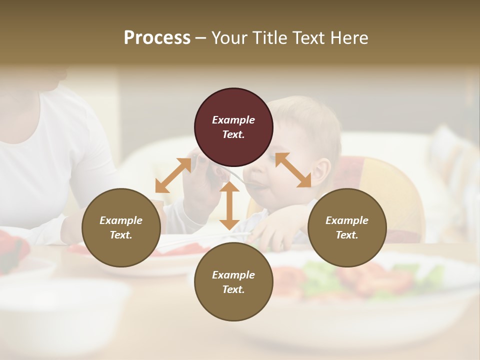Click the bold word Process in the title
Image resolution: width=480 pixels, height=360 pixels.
click(x=157, y=38)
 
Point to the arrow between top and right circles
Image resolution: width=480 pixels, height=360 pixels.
click(x=293, y=170)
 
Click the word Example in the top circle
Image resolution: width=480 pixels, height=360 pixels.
click(x=233, y=120)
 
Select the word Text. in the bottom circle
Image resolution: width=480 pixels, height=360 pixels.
click(x=233, y=289)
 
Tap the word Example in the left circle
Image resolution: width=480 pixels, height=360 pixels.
click(x=121, y=220)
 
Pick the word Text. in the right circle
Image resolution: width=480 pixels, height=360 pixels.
click(x=347, y=235)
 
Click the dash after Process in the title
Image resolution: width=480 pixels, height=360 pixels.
click(x=200, y=38)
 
